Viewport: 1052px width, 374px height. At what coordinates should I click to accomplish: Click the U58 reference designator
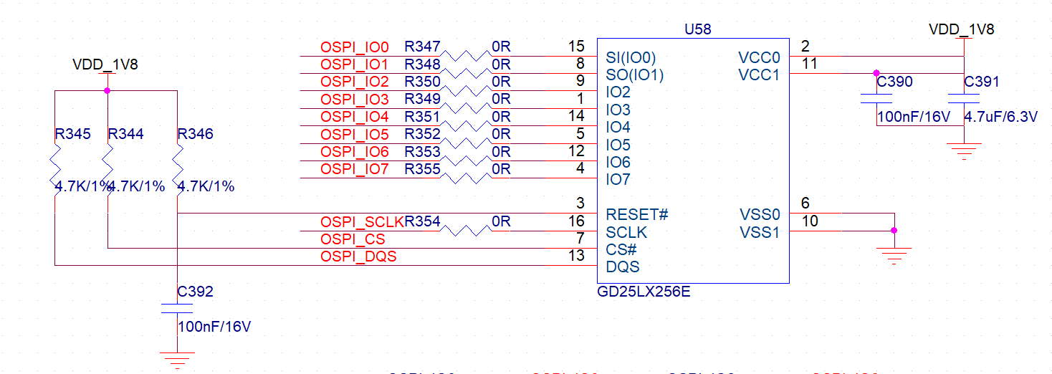(698, 29)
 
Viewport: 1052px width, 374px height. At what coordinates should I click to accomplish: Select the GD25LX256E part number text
(644, 293)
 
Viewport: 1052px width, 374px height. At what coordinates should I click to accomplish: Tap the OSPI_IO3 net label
(355, 99)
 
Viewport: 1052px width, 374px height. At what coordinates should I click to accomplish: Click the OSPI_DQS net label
(358, 256)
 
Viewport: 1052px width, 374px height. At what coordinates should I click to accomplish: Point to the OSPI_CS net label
(353, 239)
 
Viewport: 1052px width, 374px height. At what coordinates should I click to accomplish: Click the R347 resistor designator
(422, 47)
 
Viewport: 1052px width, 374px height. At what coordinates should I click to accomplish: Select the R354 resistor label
(423, 222)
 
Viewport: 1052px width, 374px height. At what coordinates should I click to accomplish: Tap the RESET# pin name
(637, 214)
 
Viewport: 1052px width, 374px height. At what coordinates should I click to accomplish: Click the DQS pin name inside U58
(623, 267)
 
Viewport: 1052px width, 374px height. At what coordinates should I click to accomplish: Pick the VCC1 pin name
(758, 75)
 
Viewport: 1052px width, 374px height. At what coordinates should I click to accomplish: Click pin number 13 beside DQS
(575, 256)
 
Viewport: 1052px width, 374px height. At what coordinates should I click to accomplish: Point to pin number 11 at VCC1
(810, 63)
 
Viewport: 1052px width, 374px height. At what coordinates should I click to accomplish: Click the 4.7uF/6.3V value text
(1000, 117)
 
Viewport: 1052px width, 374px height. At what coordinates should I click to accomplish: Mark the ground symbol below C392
(177, 360)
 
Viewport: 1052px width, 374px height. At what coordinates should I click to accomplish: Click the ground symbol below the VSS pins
(893, 254)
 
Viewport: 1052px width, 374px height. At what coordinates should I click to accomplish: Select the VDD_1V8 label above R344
(105, 64)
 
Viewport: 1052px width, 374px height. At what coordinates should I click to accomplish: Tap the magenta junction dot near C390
(876, 73)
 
